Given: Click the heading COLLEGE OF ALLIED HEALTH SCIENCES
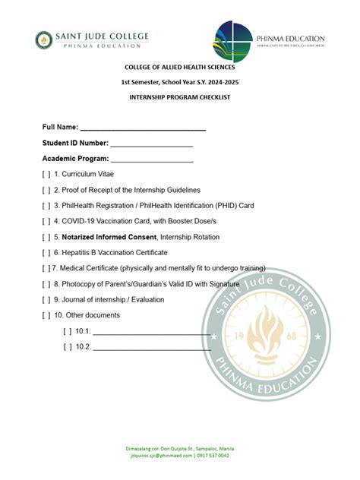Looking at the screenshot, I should [179, 67].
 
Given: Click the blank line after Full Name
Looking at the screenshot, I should [143, 127].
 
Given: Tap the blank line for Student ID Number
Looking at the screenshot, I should [152, 144].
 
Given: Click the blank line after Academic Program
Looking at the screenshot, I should [152, 159].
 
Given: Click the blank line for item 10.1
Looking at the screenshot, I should [151, 332].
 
